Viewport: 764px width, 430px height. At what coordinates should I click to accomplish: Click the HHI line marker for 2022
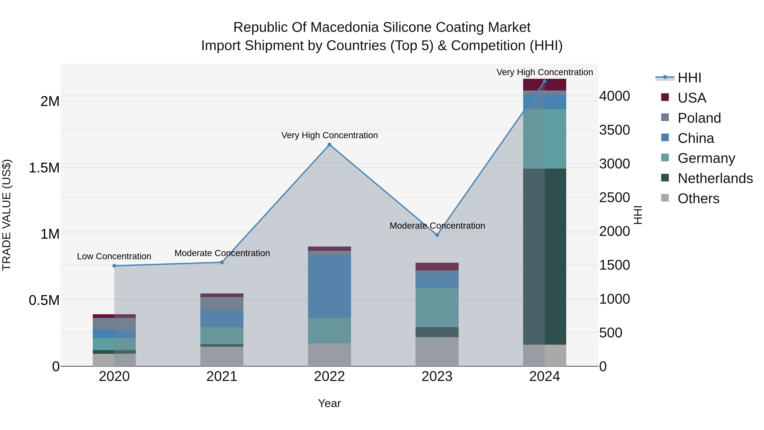(x=329, y=145)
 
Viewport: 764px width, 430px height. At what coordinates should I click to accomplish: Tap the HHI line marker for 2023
(x=437, y=235)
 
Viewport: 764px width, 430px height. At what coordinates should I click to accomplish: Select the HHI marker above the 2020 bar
(x=114, y=266)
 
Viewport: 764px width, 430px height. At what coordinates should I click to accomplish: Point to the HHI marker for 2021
(x=222, y=262)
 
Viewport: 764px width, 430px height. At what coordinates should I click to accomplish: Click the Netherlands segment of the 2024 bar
(x=545, y=257)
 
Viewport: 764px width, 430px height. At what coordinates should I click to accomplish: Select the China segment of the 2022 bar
(x=329, y=286)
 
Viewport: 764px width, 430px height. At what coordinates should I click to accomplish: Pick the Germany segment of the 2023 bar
(x=437, y=308)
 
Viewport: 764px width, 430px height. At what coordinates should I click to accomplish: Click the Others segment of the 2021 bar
(x=222, y=356)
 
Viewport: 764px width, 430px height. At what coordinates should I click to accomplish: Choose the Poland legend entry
(x=699, y=118)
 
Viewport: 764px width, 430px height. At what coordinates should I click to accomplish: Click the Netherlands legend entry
(x=715, y=178)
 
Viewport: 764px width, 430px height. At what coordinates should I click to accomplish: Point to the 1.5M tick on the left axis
(x=44, y=168)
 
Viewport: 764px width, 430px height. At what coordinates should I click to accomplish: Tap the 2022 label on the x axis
(x=329, y=376)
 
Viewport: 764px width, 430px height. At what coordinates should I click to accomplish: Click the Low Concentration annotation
(x=114, y=256)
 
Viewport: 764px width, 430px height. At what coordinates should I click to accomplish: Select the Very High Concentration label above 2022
(x=329, y=135)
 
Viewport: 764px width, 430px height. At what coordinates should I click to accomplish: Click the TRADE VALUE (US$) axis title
(x=7, y=215)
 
